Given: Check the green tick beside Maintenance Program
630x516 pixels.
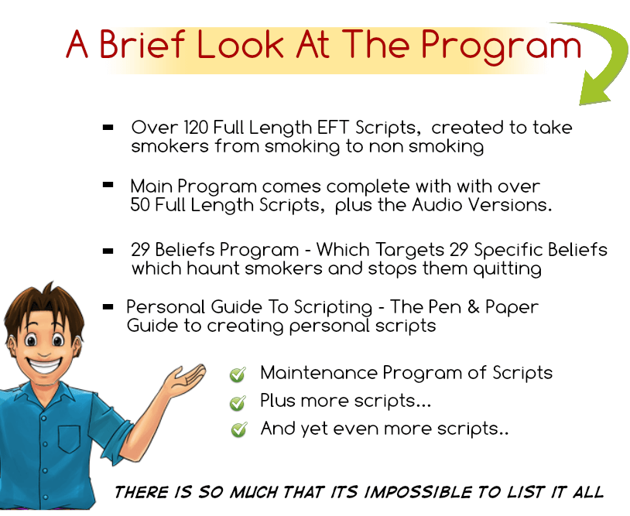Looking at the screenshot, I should [x=238, y=375].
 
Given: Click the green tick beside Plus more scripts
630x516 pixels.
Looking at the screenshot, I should [x=238, y=403].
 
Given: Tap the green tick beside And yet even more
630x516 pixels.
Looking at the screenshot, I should [x=238, y=430].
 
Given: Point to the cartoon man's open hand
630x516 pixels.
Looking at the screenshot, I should [x=183, y=379].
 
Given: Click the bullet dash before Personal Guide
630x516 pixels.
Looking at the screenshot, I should [x=109, y=306].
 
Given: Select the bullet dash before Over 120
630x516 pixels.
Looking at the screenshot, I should [x=109, y=126].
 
